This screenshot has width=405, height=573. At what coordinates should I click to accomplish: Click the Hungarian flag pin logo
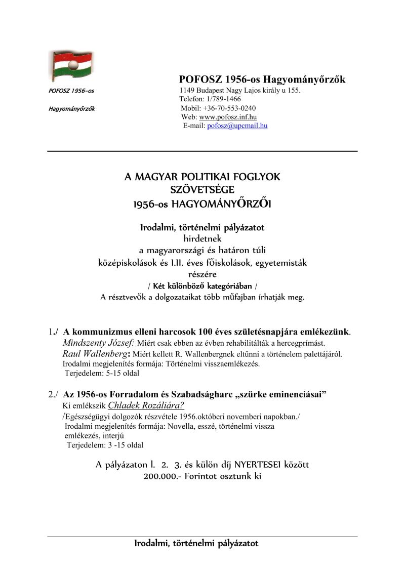tap(70, 66)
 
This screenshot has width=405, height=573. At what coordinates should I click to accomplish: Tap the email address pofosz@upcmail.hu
tap(237, 126)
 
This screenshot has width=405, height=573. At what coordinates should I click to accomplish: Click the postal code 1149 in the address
tap(187, 91)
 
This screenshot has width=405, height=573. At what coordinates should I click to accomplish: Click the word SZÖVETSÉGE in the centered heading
tap(202, 190)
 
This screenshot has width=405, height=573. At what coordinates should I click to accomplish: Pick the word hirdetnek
tap(202, 238)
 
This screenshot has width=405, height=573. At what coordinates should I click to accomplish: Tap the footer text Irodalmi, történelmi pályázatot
tap(196, 544)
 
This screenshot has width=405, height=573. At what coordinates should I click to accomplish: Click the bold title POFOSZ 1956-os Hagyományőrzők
tap(262, 79)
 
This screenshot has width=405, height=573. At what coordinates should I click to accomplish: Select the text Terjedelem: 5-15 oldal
tap(102, 374)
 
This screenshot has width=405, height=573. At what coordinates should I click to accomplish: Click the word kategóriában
tap(229, 286)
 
